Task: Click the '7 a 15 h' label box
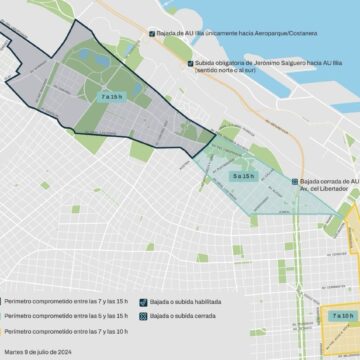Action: click(110, 96)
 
